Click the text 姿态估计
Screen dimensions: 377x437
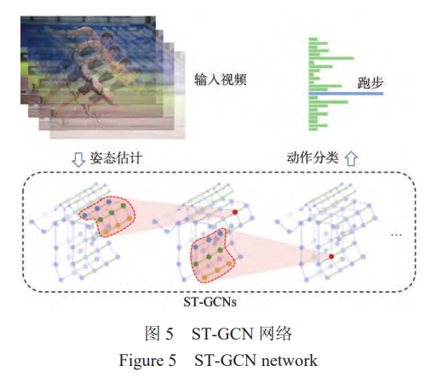point(115,158)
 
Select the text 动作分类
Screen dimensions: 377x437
point(313,158)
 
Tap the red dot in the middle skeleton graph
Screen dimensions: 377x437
point(235,211)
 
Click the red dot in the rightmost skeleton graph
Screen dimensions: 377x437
point(331,255)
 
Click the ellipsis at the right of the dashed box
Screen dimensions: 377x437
point(395,233)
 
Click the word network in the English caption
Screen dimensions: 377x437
point(290,361)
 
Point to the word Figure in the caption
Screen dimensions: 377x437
point(139,361)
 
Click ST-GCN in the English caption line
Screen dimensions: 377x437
point(227,361)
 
